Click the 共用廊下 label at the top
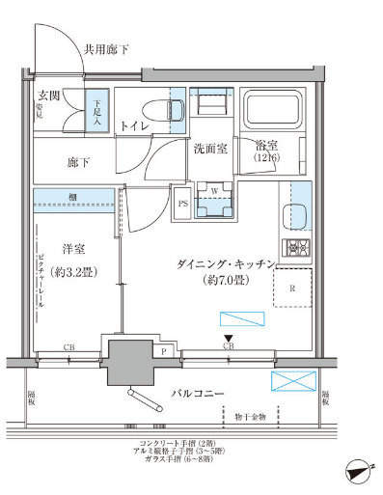[107, 47]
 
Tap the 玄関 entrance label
[50, 96]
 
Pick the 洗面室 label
[209, 150]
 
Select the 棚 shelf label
[73, 197]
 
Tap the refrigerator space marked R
[292, 288]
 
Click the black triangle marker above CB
[228, 336]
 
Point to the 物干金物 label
[249, 418]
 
